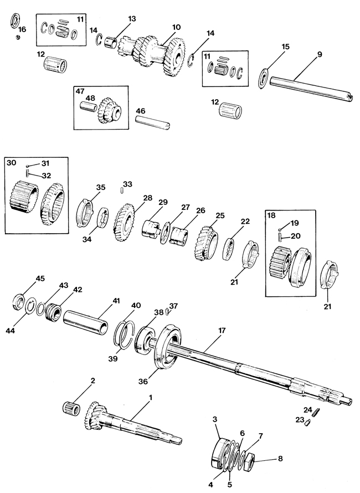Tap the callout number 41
[116, 301]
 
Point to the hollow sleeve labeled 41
[85, 322]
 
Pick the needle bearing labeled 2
[71, 408]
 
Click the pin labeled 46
[152, 123]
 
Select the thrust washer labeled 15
[264, 78]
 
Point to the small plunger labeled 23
[307, 423]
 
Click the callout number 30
[12, 163]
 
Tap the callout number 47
[80, 91]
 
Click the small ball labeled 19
[279, 230]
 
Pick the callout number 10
[176, 27]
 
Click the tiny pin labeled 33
[122, 191]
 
